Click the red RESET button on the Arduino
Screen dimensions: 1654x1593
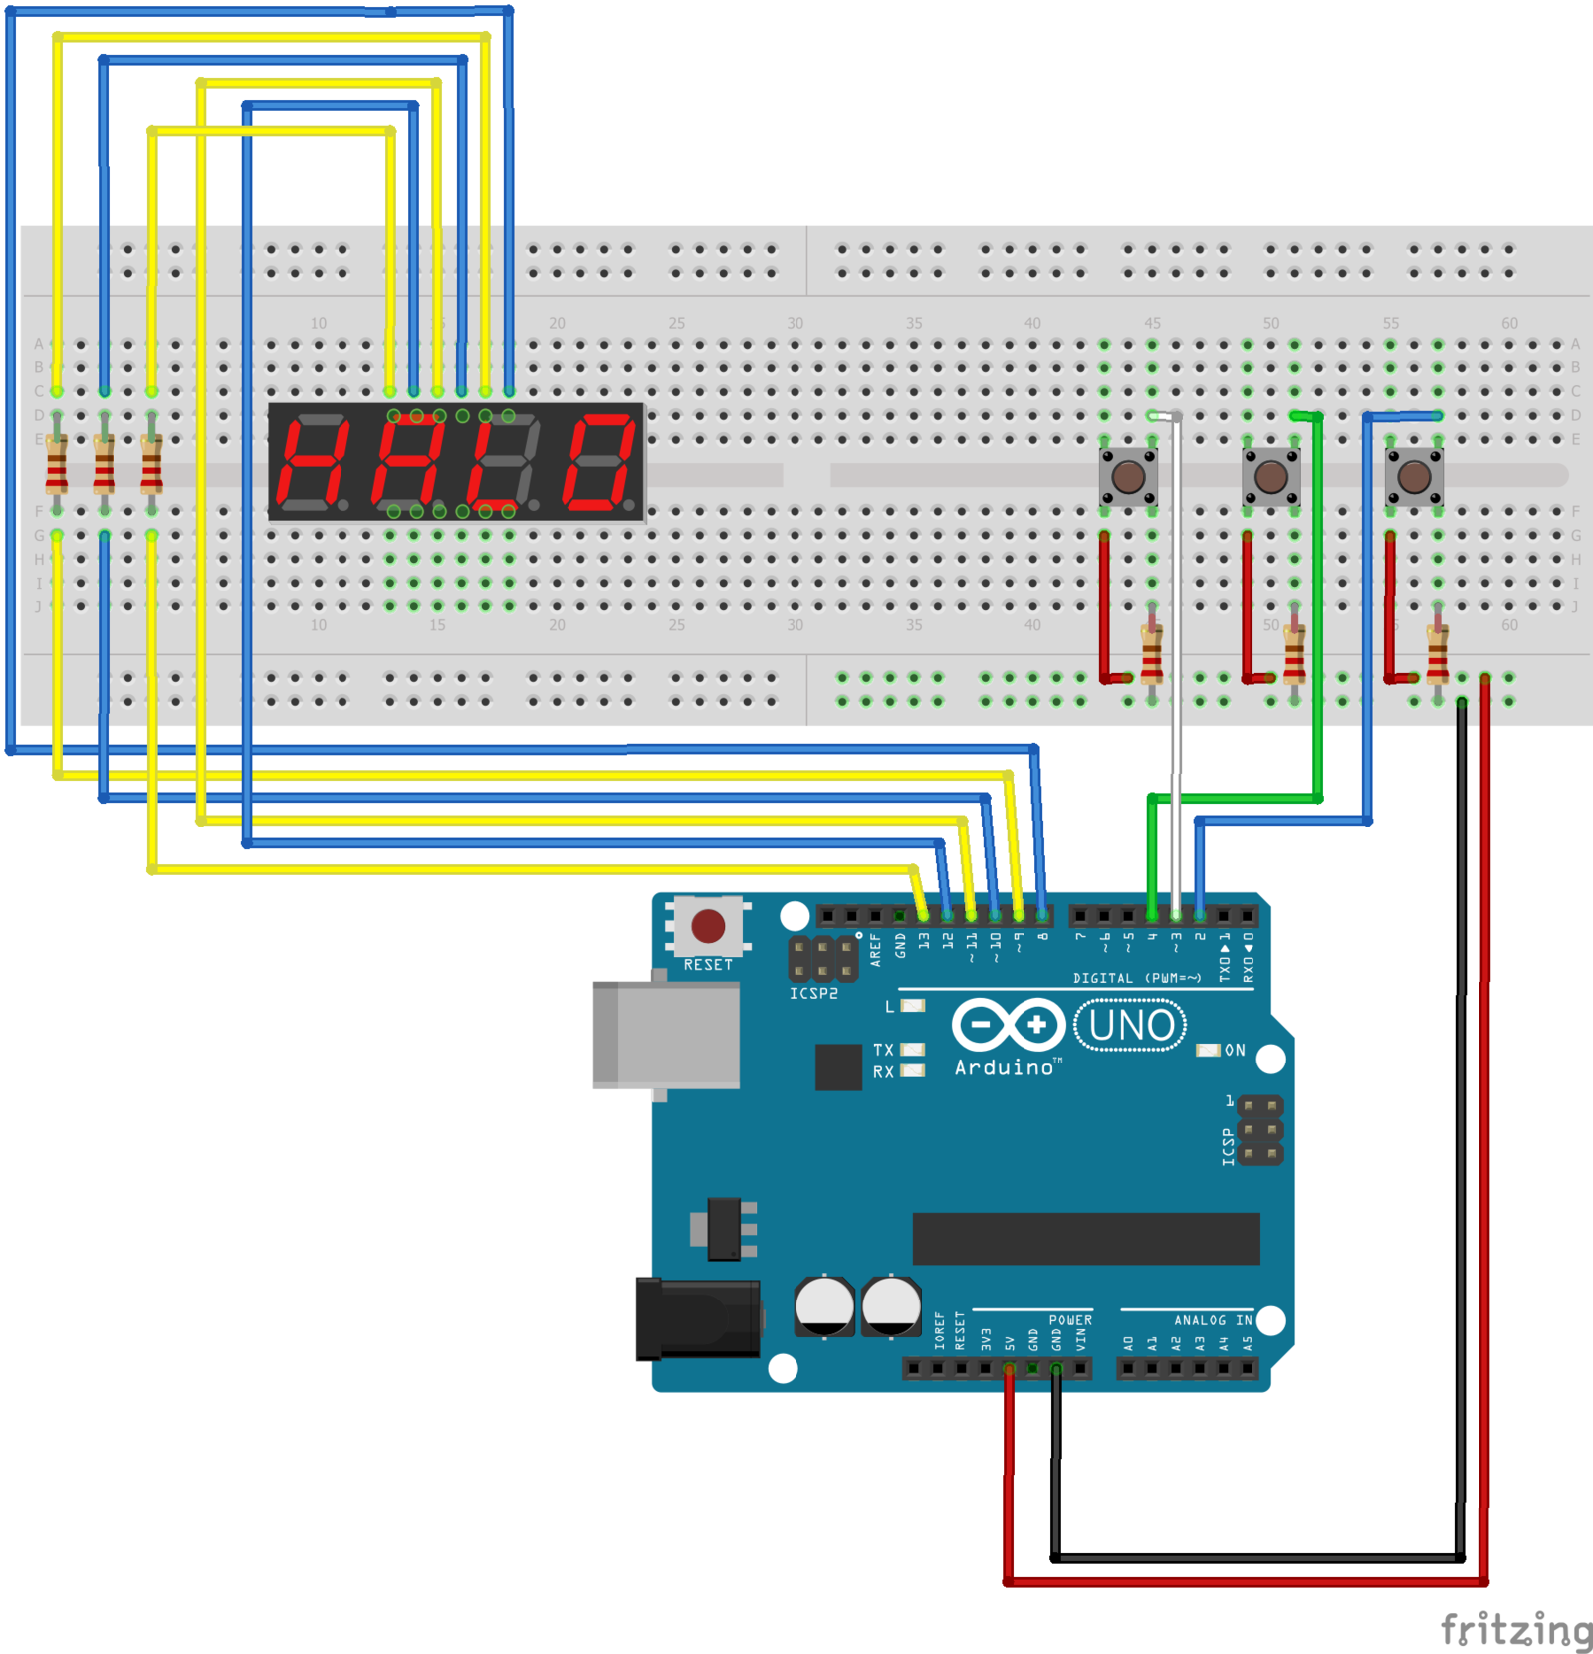(x=708, y=925)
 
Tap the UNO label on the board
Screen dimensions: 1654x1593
(x=1131, y=1025)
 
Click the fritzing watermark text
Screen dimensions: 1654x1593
(x=1515, y=1630)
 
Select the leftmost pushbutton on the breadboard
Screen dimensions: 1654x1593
(x=1128, y=476)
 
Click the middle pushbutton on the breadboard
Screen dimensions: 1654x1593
(x=1270, y=476)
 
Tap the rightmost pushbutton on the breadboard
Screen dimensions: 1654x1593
(x=1414, y=476)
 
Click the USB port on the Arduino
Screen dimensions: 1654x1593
(x=665, y=1035)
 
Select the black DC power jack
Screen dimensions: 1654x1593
(x=697, y=1318)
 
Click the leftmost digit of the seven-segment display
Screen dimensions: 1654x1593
(x=314, y=462)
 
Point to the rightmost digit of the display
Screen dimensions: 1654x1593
(x=597, y=462)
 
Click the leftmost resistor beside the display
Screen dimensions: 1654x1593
(x=57, y=464)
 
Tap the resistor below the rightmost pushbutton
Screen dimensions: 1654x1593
(x=1437, y=653)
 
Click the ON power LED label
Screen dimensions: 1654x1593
(x=1235, y=1050)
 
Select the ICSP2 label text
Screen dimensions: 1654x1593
(x=813, y=993)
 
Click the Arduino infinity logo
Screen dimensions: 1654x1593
(x=1008, y=1024)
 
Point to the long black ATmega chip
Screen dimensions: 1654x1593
(x=1085, y=1238)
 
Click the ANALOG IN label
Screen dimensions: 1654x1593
(x=1212, y=1320)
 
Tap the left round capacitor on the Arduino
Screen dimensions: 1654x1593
(x=824, y=1305)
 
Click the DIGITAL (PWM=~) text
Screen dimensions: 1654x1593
(x=1136, y=978)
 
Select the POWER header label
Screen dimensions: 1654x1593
(x=1070, y=1320)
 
